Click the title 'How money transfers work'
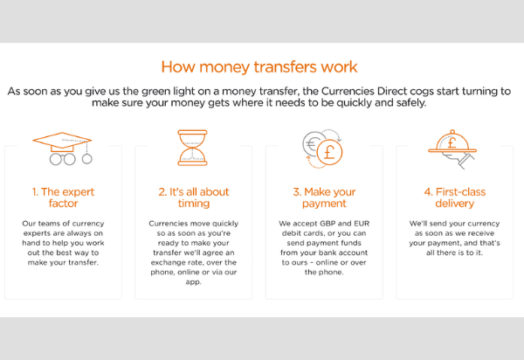(259, 67)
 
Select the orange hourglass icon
(192, 148)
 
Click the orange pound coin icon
(329, 152)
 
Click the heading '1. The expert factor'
(63, 197)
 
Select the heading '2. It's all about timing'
(194, 197)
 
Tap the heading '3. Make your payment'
(324, 197)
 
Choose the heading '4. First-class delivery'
(455, 197)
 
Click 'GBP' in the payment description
(327, 224)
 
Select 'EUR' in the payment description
(362, 224)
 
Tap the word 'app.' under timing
(194, 282)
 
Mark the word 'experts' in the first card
(36, 233)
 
